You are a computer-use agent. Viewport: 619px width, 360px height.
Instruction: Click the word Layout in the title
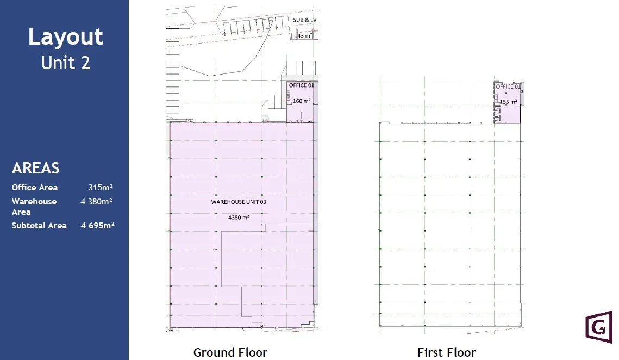pyautogui.click(x=66, y=37)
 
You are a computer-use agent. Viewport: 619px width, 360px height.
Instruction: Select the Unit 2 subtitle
pyautogui.click(x=66, y=63)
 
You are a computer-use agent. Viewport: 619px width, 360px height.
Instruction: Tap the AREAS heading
pyautogui.click(x=35, y=168)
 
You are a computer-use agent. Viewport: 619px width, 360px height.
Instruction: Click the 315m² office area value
pyautogui.click(x=101, y=187)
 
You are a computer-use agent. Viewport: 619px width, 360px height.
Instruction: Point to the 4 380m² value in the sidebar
pyautogui.click(x=96, y=202)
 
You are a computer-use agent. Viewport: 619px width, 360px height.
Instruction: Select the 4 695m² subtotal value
pyautogui.click(x=97, y=225)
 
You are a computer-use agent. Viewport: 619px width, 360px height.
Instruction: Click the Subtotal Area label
pyautogui.click(x=39, y=226)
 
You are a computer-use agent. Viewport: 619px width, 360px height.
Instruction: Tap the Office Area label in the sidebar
pyautogui.click(x=35, y=187)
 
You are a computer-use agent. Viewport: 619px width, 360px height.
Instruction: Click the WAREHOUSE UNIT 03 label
pyautogui.click(x=239, y=202)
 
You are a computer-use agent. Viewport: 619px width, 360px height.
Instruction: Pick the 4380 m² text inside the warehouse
pyautogui.click(x=239, y=218)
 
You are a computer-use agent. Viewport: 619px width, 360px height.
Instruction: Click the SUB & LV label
pyautogui.click(x=305, y=20)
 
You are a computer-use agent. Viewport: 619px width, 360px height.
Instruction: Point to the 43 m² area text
pyautogui.click(x=304, y=35)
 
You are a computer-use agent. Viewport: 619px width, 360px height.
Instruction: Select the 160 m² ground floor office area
pyautogui.click(x=302, y=101)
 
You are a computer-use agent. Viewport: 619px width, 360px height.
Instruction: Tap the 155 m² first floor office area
pyautogui.click(x=509, y=102)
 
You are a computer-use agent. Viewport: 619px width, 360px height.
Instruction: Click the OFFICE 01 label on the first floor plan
pyautogui.click(x=509, y=86)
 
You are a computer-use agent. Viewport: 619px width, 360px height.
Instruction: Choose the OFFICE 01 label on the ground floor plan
pyautogui.click(x=302, y=85)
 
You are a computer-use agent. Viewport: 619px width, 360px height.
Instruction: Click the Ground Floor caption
pyautogui.click(x=230, y=352)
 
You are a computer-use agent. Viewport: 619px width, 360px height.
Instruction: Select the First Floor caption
pyautogui.click(x=447, y=352)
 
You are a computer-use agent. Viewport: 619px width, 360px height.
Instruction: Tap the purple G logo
pyautogui.click(x=599, y=327)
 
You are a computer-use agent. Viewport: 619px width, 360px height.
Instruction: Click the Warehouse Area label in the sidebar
pyautogui.click(x=34, y=207)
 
